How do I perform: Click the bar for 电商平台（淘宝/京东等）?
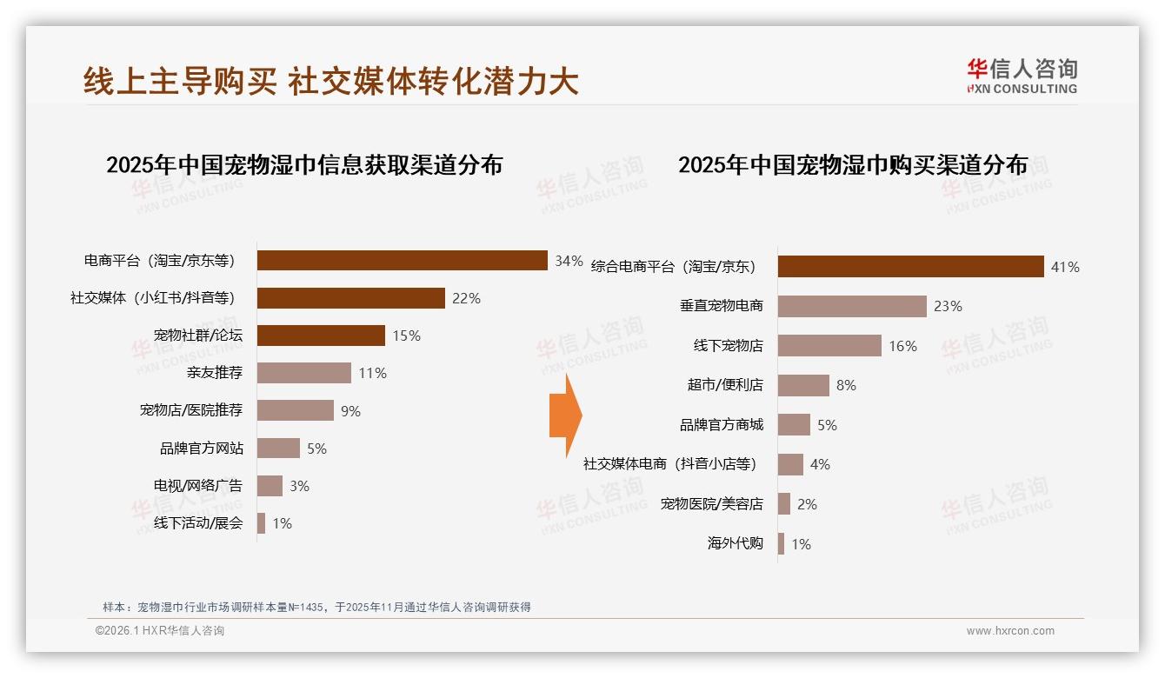coord(402,261)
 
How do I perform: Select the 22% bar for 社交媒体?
coord(351,298)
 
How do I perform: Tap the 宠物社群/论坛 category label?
coord(198,336)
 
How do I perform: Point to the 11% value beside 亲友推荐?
coord(372,374)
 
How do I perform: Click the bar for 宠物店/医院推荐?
coord(296,410)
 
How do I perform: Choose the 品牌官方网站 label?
coord(202,449)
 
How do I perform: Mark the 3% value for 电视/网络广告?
coord(300,486)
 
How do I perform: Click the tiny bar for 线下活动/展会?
coord(261,523)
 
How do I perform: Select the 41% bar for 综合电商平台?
coord(910,267)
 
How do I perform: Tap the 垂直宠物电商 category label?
coord(722,306)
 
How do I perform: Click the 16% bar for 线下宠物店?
coord(829,346)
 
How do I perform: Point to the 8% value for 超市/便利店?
coord(846,385)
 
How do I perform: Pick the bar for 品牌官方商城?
coord(794,425)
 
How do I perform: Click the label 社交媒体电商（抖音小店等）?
coord(669,464)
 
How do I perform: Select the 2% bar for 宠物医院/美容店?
coord(784,504)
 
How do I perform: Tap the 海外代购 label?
coord(736,544)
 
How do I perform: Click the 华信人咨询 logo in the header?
coord(1022,76)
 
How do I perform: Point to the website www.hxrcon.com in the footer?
coord(1010,631)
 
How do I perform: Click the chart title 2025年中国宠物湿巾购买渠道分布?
coord(853,165)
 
